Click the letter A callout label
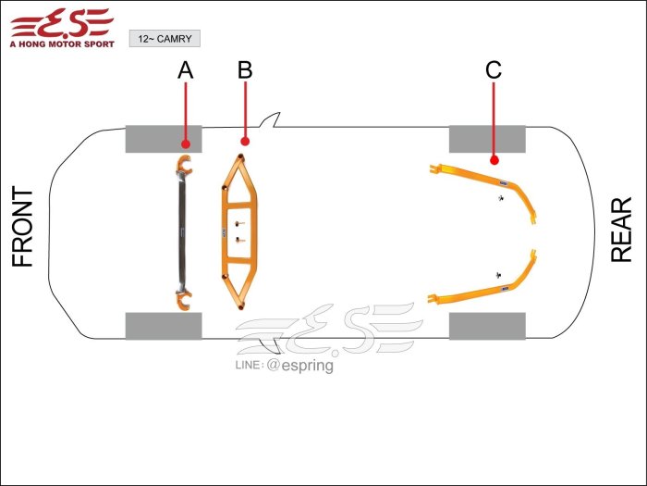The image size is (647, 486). tap(186, 70)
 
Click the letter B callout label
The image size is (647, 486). tap(244, 70)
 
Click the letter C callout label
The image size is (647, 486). tap(494, 70)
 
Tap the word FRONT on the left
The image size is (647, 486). tap(23, 228)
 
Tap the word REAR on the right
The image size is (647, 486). tap(622, 230)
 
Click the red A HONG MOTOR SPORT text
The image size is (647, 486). tap(61, 43)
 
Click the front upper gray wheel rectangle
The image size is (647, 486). tap(164, 139)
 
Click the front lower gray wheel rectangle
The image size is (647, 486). tap(164, 326)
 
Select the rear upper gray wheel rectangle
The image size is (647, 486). tap(487, 139)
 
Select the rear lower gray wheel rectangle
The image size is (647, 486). tap(487, 326)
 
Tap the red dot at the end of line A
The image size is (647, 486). tap(186, 143)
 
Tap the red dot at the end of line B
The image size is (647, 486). tap(244, 142)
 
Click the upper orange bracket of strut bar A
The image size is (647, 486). tap(184, 168)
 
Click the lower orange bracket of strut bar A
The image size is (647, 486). tap(184, 297)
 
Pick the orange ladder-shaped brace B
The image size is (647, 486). tap(238, 231)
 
